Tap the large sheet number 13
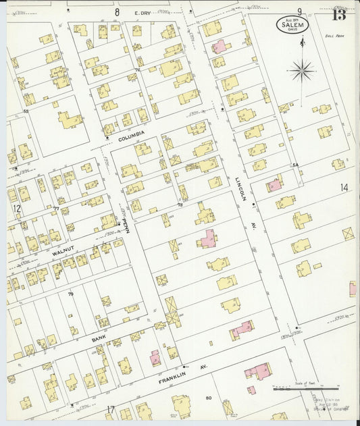(339, 13)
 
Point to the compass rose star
(302, 68)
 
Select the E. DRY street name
(142, 12)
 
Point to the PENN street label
(124, 222)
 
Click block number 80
(209, 398)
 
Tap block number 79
(70, 294)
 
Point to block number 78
(180, 205)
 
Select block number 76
(137, 70)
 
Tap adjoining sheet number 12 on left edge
(16, 209)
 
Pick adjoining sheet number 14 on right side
(344, 188)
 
